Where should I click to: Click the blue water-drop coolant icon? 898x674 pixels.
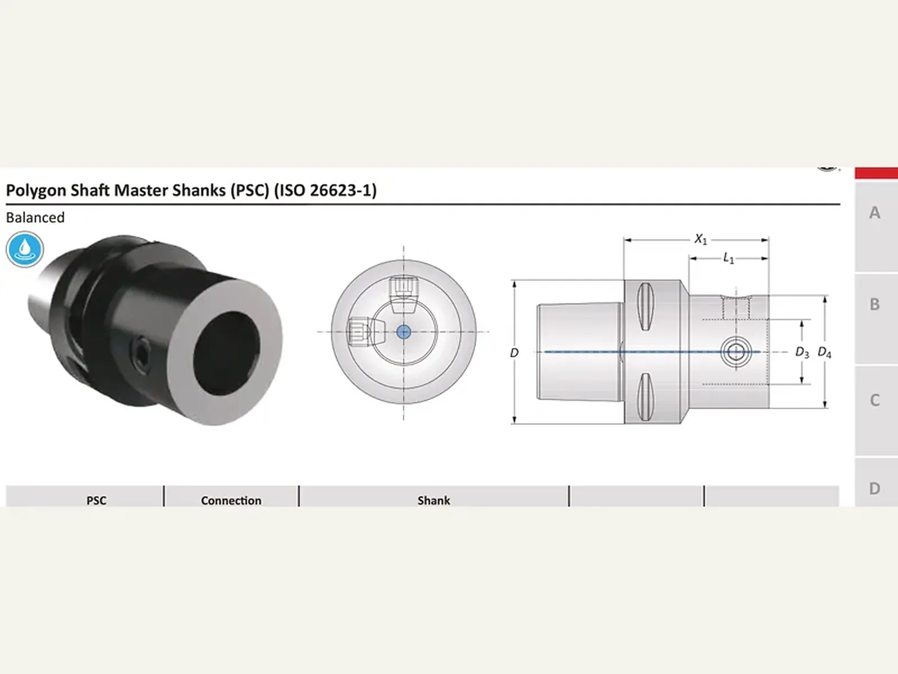[x=25, y=249]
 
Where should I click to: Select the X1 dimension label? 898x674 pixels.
[x=700, y=239]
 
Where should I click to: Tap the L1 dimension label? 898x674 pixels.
[x=729, y=258]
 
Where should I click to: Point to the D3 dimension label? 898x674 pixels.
[x=802, y=352]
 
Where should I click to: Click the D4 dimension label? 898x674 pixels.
[x=824, y=352]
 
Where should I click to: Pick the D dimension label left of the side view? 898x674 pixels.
[x=514, y=352]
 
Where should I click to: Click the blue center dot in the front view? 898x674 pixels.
[x=404, y=332]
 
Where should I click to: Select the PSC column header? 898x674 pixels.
[x=96, y=500]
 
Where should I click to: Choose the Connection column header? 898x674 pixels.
[x=231, y=500]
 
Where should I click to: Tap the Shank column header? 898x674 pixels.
[x=434, y=500]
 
